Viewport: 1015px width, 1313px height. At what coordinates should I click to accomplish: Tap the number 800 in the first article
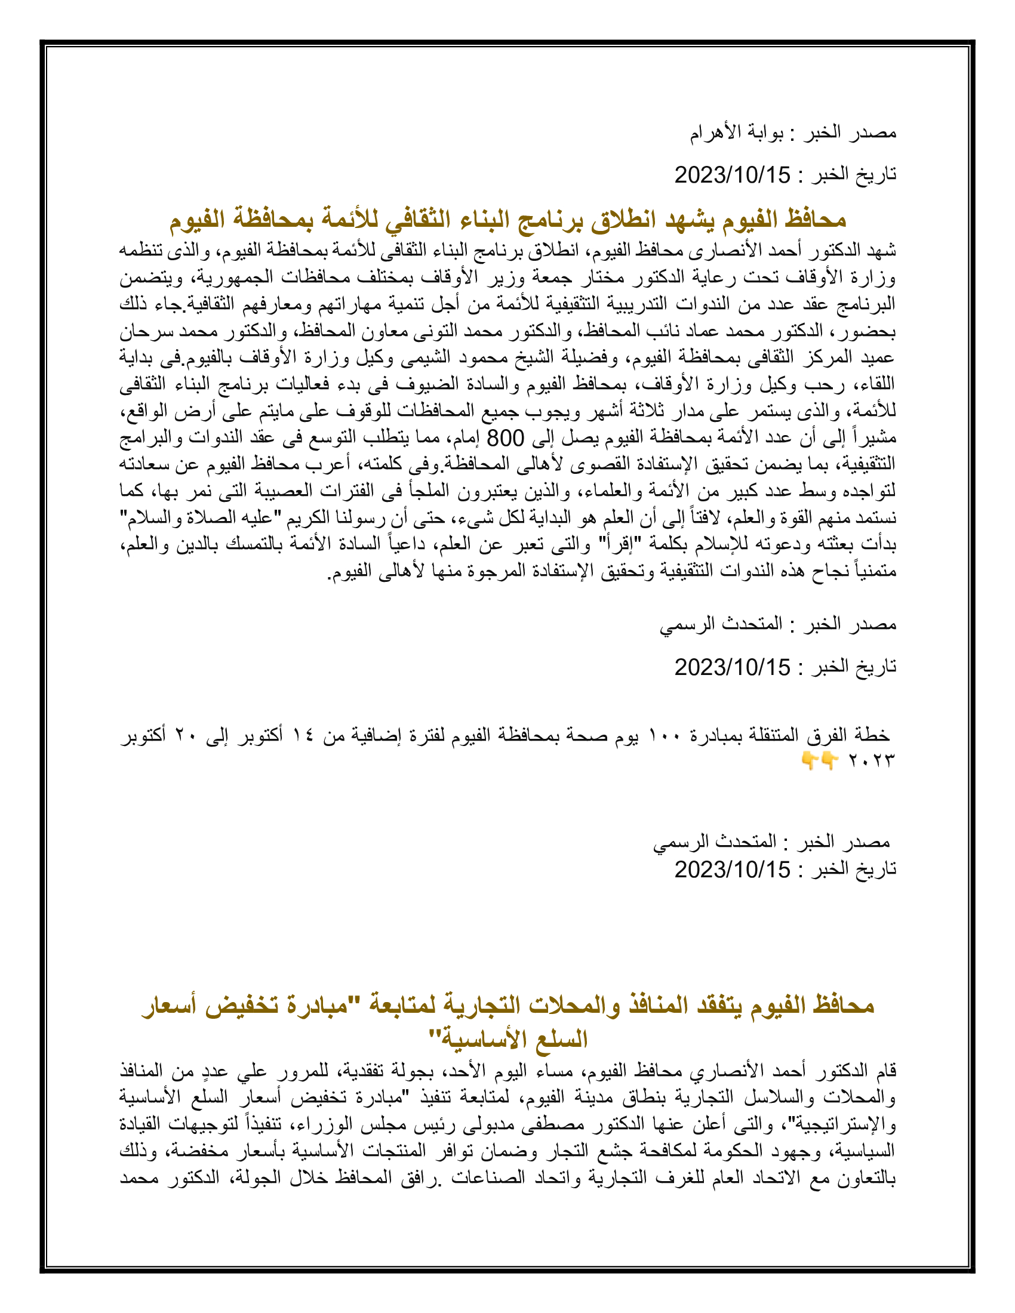click(506, 438)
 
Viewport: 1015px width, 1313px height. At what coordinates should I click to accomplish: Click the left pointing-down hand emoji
click(810, 761)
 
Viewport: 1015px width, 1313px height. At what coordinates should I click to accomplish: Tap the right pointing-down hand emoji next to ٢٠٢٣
click(831, 761)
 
